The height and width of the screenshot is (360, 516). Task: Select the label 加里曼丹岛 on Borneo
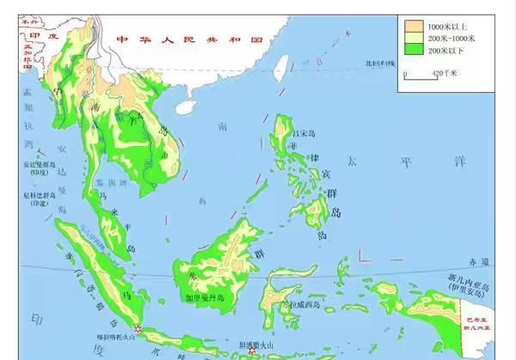coord(205,298)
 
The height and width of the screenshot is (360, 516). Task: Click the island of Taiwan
coord(284,76)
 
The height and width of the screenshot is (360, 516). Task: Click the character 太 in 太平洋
coord(351,160)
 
